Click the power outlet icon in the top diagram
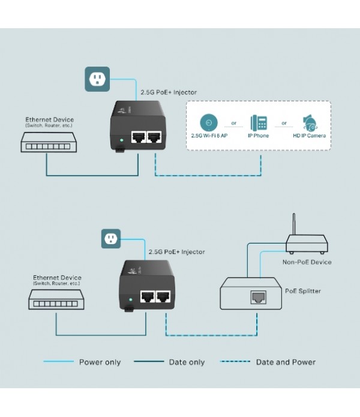tap(97, 79)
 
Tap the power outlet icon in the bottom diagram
tap(110, 239)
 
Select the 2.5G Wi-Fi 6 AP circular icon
tap(208, 123)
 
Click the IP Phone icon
tap(259, 123)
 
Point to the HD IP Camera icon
tap(310, 123)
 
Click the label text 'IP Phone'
tap(259, 136)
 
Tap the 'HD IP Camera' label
tap(309, 136)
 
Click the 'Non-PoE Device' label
tap(307, 262)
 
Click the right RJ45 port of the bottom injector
tap(164, 296)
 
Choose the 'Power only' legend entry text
tap(100, 362)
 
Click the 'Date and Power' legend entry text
tap(286, 362)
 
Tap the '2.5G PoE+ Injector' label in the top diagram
tap(169, 92)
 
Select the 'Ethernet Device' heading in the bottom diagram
tap(57, 278)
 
